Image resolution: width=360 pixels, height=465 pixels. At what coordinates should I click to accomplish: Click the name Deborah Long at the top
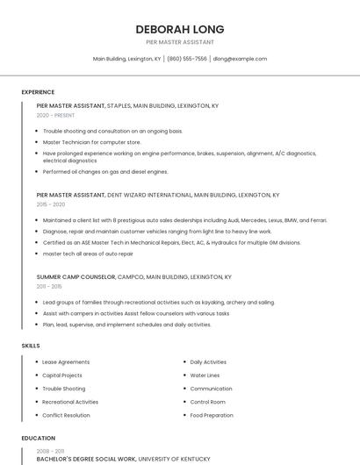(180, 29)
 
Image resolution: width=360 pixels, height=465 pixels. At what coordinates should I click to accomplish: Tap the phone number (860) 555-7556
(187, 59)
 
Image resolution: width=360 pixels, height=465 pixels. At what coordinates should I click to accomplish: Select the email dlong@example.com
(239, 59)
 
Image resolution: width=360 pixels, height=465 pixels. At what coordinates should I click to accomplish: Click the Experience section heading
(38, 92)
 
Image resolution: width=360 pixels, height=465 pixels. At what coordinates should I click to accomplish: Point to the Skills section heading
(31, 346)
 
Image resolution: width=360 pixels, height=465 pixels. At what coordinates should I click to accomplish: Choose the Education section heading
(39, 438)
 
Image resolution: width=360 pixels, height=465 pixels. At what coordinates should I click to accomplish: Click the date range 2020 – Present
(56, 115)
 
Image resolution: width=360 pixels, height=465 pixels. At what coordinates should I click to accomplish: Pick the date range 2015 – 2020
(51, 204)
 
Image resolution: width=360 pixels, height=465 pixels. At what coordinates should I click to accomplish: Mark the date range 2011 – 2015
(49, 286)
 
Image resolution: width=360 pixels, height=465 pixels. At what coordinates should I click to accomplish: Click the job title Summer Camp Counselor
(76, 276)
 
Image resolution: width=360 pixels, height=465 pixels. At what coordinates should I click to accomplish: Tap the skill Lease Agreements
(66, 362)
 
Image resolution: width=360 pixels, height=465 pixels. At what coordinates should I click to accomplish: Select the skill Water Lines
(205, 376)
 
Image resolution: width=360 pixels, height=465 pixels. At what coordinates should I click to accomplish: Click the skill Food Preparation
(212, 415)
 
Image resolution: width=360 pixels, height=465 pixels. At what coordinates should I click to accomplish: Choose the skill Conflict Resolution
(66, 415)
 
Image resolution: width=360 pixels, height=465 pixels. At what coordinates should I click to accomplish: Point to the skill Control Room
(208, 402)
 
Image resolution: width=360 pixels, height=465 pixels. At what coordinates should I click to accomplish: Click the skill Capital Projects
(63, 376)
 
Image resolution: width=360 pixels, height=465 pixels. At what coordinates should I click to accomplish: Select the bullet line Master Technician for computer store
(91, 141)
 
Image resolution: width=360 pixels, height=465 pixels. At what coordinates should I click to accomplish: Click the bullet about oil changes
(105, 172)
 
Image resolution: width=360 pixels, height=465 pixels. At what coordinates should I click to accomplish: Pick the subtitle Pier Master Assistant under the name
(180, 42)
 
